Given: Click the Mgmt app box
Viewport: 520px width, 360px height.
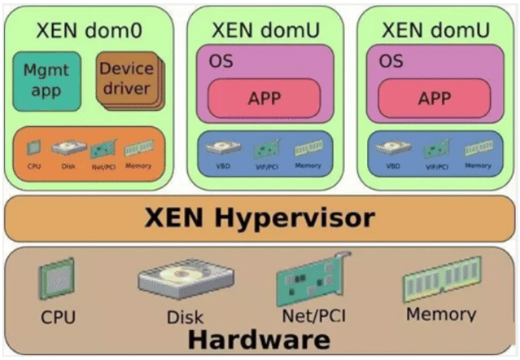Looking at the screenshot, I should click(46, 81).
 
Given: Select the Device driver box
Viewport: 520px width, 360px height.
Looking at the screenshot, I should click(126, 79).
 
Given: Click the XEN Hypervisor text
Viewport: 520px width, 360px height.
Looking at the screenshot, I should click(260, 217).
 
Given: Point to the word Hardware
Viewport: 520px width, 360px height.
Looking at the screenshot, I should click(260, 338).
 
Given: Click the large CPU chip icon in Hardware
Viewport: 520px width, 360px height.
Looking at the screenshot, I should click(56, 279).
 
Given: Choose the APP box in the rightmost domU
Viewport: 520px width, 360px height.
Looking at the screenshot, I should click(434, 99).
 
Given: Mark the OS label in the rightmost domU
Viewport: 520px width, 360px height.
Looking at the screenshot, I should click(390, 62).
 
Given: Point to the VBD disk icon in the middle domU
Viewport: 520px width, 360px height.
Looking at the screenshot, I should click(223, 149).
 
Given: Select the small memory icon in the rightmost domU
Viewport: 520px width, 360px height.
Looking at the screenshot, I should click(478, 148).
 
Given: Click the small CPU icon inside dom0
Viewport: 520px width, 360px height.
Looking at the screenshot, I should click(33, 147).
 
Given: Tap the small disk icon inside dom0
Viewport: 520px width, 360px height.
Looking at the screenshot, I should click(68, 147).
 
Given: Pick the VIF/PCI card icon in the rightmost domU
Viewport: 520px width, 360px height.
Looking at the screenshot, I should click(436, 149).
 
